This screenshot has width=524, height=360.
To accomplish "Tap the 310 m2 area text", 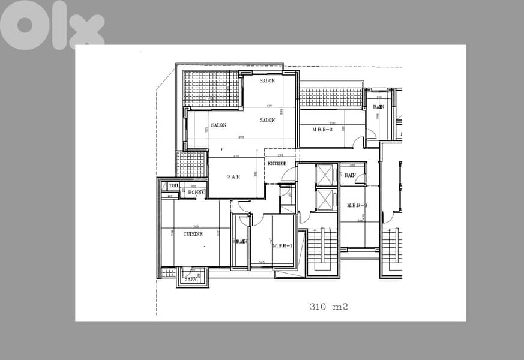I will [x=328, y=307].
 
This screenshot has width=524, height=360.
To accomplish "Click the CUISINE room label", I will [x=193, y=234].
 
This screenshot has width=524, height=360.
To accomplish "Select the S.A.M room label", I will [x=233, y=176].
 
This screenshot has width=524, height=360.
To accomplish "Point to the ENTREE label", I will [x=277, y=163].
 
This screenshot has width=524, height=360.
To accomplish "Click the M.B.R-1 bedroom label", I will [x=282, y=245].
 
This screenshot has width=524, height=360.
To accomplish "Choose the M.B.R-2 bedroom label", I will [x=322, y=129].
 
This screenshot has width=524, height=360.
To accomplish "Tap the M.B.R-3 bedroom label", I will [x=357, y=206].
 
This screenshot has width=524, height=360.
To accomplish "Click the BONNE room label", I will [x=196, y=192].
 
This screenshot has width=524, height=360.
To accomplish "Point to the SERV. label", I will [x=191, y=279].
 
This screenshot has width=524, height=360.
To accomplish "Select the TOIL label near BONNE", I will [x=173, y=186].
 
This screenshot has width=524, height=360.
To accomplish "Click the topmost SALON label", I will [x=267, y=81].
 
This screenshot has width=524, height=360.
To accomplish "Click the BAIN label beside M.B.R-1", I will [x=242, y=241].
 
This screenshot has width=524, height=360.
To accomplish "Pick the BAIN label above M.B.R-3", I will [x=350, y=176].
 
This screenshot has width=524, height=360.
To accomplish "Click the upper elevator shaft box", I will [x=325, y=175].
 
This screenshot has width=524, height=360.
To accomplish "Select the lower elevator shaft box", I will [x=325, y=199].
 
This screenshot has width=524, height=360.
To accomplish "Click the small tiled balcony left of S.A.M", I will [x=191, y=164].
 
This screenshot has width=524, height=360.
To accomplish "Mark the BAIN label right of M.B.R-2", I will [x=378, y=107].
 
